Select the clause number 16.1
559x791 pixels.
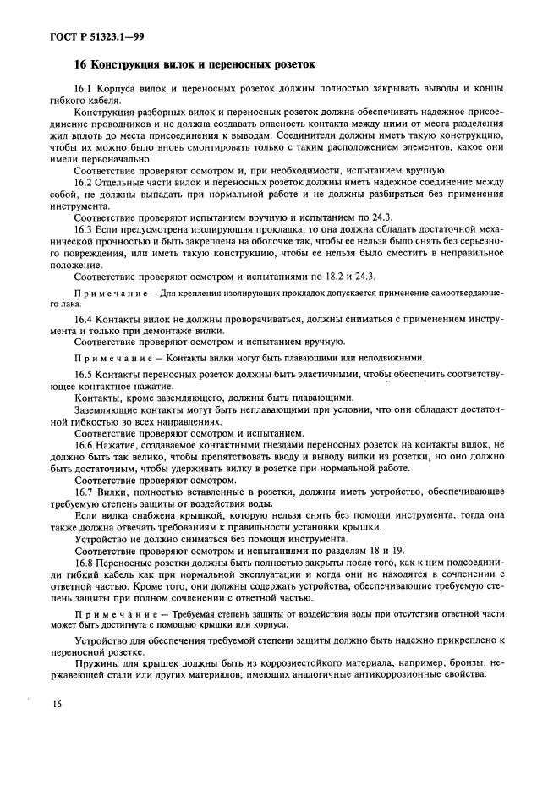(x=85, y=89)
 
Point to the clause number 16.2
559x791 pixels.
(x=85, y=182)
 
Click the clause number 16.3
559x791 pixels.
(x=85, y=228)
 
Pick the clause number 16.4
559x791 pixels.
(x=85, y=318)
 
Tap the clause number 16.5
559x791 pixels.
(x=85, y=373)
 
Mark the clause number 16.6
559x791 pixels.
(x=85, y=442)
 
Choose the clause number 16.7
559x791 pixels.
(x=85, y=491)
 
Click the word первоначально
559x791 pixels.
(x=115, y=158)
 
